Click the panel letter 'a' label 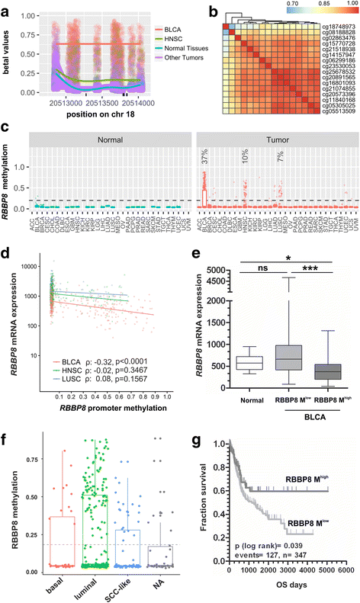coord(6,7)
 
